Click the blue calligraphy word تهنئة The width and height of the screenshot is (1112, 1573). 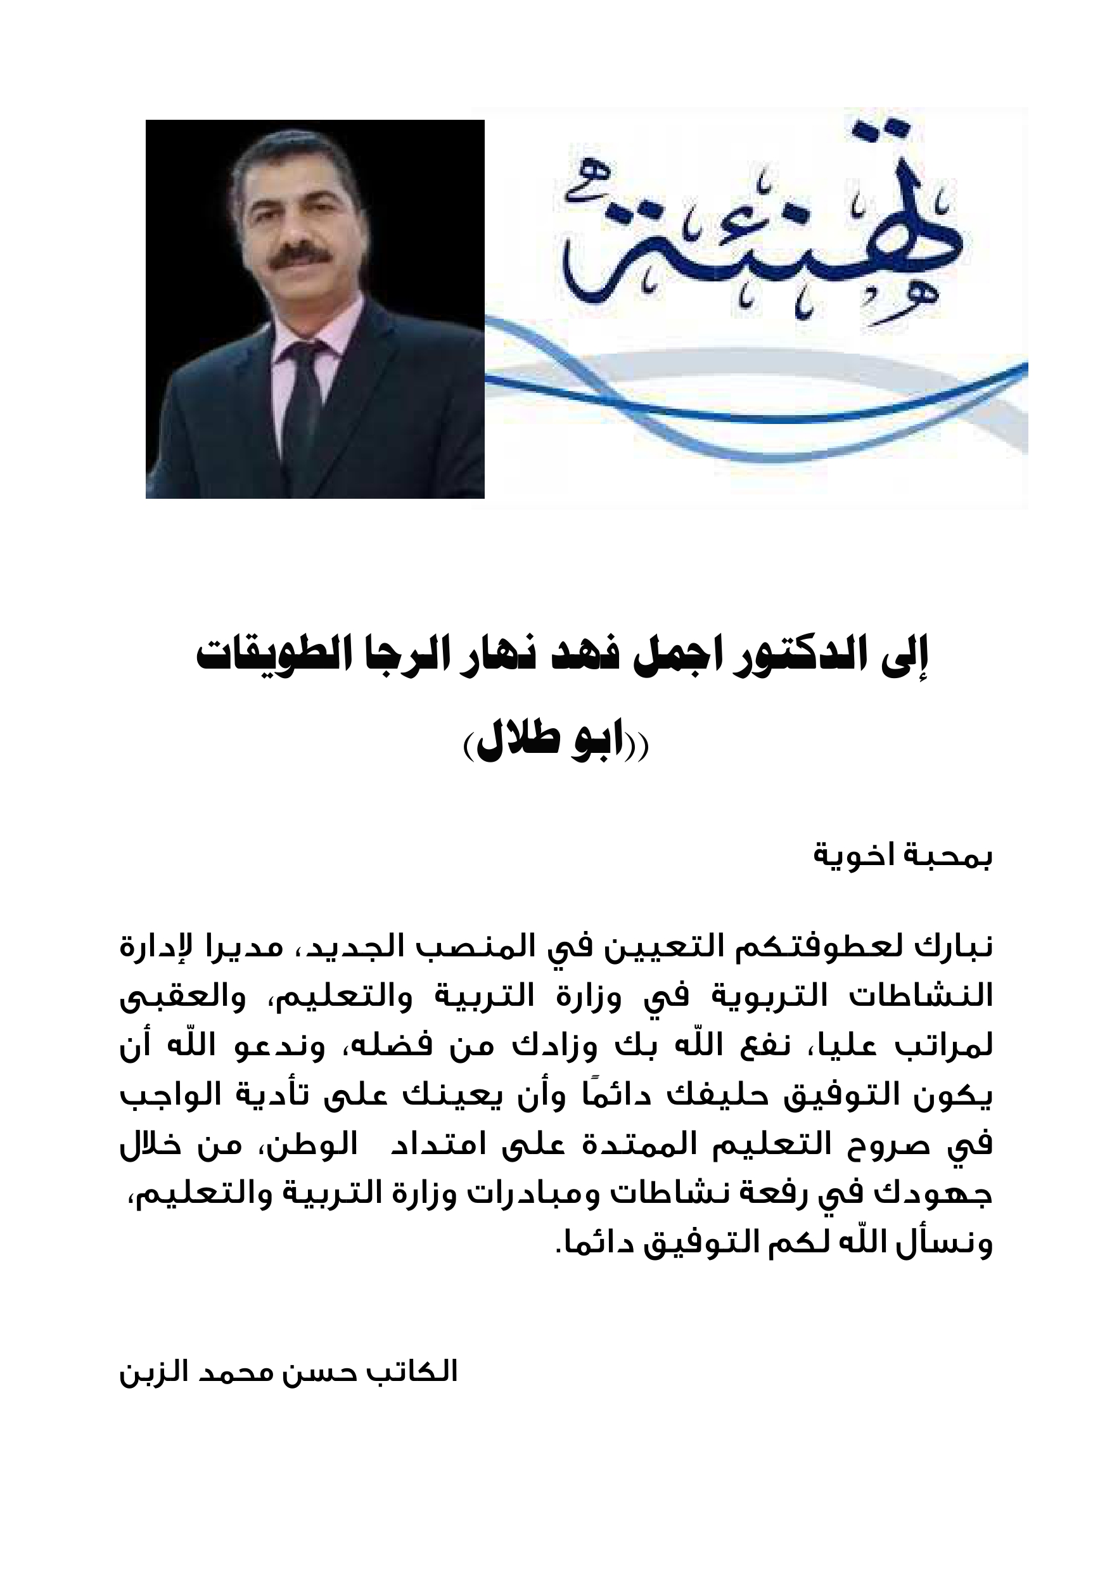[760, 233]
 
